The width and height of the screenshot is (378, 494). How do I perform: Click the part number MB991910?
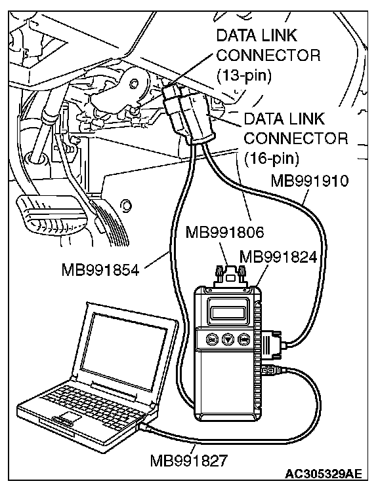point(310,181)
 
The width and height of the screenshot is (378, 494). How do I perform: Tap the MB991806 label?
point(224,233)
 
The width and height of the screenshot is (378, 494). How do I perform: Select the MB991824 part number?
point(278,257)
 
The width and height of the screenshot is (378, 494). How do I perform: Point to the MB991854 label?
point(100,270)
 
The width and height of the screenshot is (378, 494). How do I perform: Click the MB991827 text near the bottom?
point(189,461)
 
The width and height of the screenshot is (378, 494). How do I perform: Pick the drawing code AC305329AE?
point(323,474)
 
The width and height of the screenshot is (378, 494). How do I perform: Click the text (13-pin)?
point(243,75)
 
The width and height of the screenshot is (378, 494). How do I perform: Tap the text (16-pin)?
point(271,159)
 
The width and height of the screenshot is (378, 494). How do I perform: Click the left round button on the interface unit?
point(211,339)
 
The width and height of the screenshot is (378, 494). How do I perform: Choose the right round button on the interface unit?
point(243,339)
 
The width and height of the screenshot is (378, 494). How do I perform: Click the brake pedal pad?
point(52,215)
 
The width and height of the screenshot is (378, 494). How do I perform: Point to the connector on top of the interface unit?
point(230,276)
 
